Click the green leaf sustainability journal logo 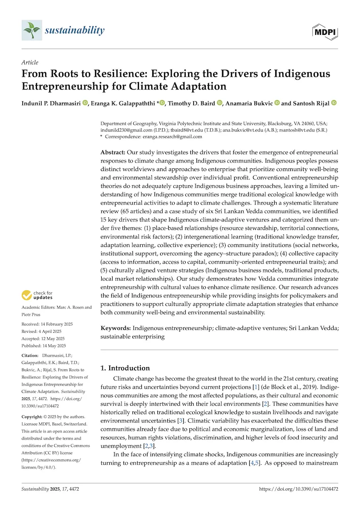click(x=32, y=30)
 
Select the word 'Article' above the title click(x=30, y=62)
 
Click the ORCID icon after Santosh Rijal click(x=334, y=103)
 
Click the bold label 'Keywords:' click(x=115, y=328)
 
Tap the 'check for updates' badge click(x=37, y=296)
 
